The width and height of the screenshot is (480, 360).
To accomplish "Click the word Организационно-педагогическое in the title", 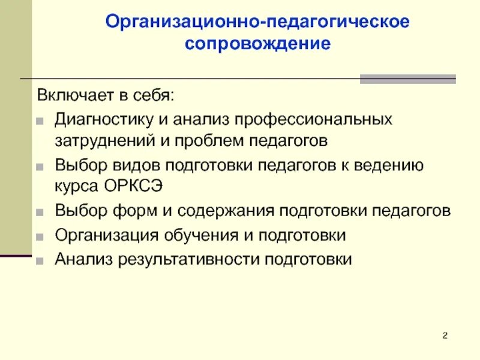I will (257, 22).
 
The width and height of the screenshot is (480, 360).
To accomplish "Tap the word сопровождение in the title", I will (257, 44).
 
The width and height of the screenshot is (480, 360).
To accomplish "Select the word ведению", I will (382, 164).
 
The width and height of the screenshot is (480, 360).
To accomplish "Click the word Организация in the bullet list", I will (102, 235).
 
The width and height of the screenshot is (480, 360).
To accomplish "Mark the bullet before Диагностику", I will (40, 119).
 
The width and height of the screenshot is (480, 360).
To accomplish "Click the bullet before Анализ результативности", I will (40, 260).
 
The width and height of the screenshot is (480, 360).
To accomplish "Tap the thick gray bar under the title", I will (407, 79).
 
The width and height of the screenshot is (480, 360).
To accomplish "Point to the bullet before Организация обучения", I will (40, 236).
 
